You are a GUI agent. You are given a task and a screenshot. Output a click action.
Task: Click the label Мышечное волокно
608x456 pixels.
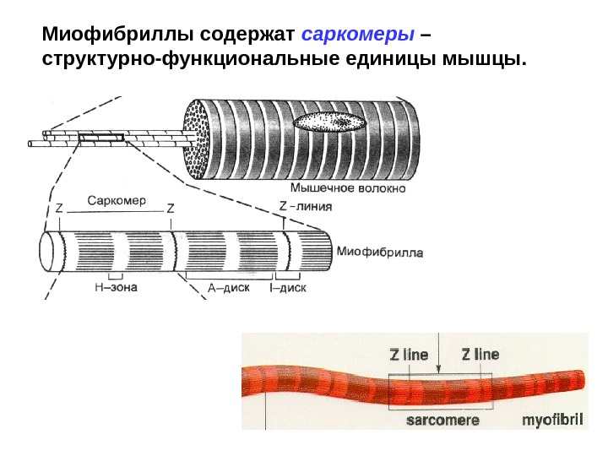tap(348, 188)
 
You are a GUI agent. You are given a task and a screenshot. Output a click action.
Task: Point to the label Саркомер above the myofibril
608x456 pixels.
tap(117, 202)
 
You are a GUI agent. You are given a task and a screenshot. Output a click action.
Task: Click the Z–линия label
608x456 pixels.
tap(305, 205)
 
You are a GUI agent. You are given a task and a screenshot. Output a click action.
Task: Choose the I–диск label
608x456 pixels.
tap(286, 287)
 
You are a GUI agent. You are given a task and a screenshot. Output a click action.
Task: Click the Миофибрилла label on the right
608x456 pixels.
tap(380, 252)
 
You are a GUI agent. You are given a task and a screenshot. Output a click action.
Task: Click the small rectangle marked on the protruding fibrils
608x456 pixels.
tap(101, 136)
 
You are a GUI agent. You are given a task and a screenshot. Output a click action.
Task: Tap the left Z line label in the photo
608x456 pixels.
tap(409, 354)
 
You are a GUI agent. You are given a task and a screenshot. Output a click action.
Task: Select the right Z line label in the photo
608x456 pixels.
tap(480, 354)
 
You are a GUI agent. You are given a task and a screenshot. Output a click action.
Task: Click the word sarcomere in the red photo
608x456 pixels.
tap(443, 419)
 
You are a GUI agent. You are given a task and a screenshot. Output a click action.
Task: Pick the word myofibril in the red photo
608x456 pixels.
tap(553, 419)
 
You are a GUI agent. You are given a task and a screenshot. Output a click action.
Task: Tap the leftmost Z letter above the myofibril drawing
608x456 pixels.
tap(59, 208)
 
